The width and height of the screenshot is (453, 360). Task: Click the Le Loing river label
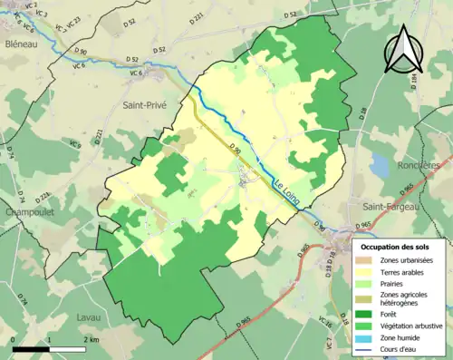[287, 191]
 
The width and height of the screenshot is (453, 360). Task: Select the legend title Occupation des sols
[399, 247]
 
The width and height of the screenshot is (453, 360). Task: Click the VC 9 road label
[74, 142]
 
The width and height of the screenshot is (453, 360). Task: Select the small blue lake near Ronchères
[379, 166]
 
